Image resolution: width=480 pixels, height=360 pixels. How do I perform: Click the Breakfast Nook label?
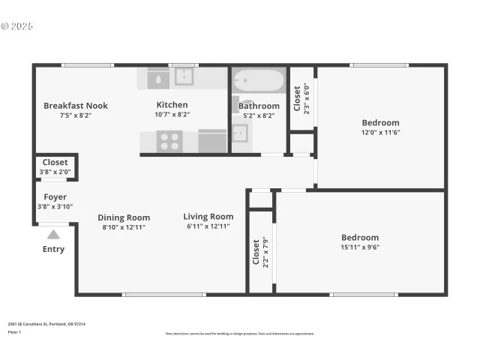(75, 106)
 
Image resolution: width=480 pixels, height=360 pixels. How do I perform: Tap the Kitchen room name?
(172, 105)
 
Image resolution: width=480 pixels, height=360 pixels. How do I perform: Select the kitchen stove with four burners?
(169, 140)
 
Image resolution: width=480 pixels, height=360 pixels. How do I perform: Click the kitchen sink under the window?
(184, 76)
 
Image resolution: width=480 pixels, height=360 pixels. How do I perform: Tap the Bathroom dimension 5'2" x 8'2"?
(259, 115)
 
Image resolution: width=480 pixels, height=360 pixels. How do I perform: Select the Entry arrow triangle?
(53, 235)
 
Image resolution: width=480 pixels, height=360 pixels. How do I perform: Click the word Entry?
(53, 249)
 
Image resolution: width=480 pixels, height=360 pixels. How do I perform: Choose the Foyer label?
(55, 197)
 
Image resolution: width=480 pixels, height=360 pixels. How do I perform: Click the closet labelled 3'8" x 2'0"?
(55, 166)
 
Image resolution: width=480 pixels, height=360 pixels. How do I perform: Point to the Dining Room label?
(124, 217)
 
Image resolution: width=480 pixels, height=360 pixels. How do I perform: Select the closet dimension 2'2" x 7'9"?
(264, 253)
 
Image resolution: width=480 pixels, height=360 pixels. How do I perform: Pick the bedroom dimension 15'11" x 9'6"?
(360, 247)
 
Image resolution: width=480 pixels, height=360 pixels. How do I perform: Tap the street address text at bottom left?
(46, 324)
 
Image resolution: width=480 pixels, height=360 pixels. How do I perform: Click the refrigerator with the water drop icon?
(159, 77)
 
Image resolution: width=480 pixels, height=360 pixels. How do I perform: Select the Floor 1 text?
(14, 331)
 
